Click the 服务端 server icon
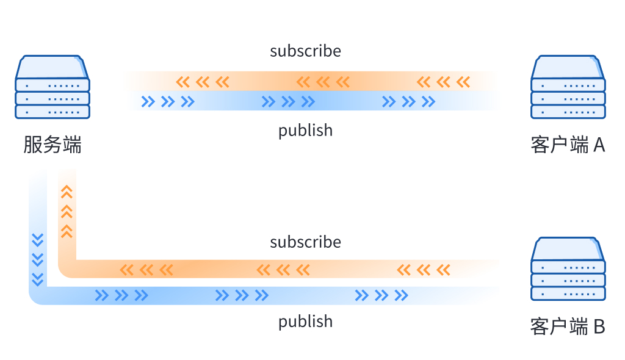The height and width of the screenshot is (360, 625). (52, 87)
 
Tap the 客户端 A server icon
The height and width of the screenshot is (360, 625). (568, 87)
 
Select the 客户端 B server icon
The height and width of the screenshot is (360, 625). (568, 268)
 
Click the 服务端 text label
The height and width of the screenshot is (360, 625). (52, 145)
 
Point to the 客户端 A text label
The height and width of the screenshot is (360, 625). (568, 145)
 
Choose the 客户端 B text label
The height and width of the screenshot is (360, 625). (568, 326)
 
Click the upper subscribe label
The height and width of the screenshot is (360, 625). (305, 51)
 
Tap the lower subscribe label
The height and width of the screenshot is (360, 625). (305, 242)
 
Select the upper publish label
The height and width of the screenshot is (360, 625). (305, 131)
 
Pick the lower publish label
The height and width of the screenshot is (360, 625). (305, 322)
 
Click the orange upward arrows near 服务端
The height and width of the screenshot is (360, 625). (67, 212)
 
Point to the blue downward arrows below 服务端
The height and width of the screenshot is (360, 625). (37, 260)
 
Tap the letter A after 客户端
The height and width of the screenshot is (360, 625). (599, 145)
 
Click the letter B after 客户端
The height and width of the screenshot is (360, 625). (599, 326)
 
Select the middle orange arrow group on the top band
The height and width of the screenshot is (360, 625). (323, 82)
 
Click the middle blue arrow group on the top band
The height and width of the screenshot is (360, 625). (288, 102)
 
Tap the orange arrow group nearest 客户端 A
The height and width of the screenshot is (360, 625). (443, 82)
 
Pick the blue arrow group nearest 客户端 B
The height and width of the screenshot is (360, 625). (381, 295)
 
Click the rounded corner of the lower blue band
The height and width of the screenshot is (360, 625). (37, 297)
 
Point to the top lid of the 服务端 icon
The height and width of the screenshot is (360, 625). (52, 67)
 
